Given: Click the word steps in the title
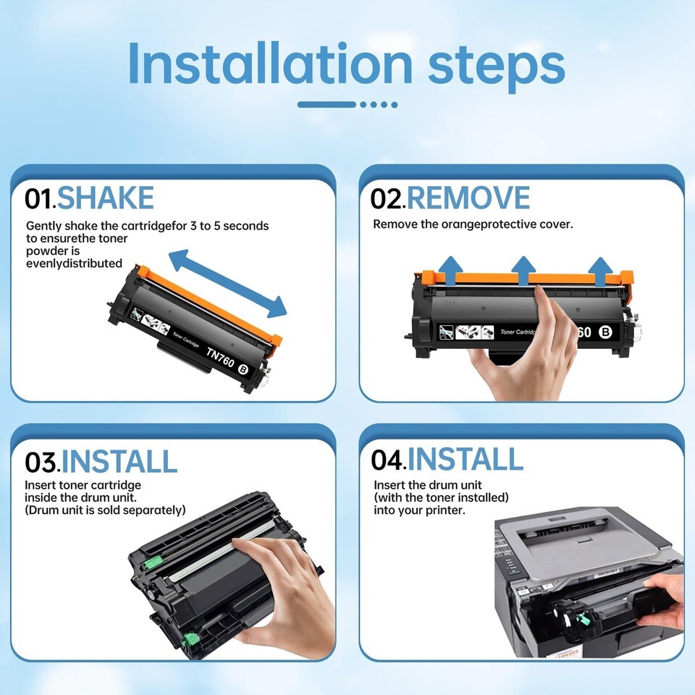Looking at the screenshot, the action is [497, 67].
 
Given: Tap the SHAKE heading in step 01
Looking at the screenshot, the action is [106, 198].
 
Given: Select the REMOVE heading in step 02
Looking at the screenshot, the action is [468, 198].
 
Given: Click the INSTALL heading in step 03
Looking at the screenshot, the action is [119, 461].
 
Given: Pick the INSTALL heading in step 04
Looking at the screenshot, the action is [466, 459].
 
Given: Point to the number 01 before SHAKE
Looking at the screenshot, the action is [38, 198].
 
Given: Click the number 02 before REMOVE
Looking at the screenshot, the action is [387, 198].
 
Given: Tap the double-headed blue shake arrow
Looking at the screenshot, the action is [228, 284].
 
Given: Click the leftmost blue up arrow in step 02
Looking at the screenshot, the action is [450, 270].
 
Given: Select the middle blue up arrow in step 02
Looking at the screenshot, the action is [523, 270].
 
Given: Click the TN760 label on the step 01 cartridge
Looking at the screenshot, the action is [220, 357].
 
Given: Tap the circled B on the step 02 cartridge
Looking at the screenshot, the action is [605, 332].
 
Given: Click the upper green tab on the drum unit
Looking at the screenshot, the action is [151, 562].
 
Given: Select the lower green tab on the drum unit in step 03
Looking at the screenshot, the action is [191, 639].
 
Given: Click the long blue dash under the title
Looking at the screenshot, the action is [327, 104].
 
